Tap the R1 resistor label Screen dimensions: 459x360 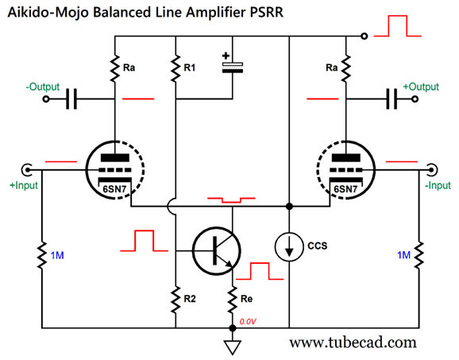point(189,68)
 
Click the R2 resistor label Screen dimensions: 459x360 point(190,299)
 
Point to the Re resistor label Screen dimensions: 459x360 point(246,299)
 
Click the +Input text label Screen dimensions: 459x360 point(24,185)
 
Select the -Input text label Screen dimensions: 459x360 point(438,185)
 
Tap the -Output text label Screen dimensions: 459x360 point(43,87)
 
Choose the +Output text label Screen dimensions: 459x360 point(421,87)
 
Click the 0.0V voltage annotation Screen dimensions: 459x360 point(248,322)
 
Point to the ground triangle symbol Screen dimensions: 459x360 point(233,347)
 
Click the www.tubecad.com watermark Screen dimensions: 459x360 point(353,343)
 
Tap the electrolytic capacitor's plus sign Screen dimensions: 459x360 point(226,56)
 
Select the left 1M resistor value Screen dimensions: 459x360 point(57,255)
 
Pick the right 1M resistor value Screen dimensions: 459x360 point(403,255)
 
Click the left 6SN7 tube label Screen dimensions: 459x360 point(114,189)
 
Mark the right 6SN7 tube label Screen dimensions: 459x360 point(345,189)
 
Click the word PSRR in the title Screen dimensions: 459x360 point(267,13)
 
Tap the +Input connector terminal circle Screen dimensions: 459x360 point(27,169)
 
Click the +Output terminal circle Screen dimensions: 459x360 point(415,99)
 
